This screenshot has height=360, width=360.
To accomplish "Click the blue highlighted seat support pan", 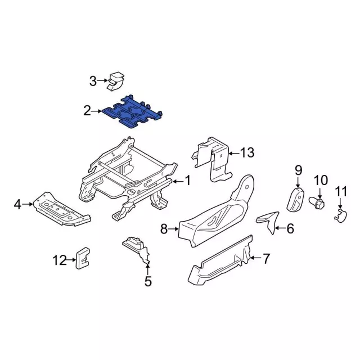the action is click(132, 112).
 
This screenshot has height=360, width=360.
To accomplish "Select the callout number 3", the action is click(93, 81).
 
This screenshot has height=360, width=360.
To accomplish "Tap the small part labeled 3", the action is click(116, 82).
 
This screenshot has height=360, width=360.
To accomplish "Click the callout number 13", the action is click(247, 152).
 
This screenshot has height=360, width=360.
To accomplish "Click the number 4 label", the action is click(17, 204).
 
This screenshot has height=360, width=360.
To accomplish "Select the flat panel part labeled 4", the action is click(61, 209).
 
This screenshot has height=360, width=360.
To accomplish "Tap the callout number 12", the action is click(60, 260).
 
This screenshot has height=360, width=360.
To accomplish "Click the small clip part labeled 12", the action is click(83, 258).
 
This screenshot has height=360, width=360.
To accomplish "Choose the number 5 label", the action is click(148, 281).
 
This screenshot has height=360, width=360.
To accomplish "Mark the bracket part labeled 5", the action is click(137, 250).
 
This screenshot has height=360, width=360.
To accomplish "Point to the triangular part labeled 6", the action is click(269, 221).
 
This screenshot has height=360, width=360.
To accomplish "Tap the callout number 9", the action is click(298, 170).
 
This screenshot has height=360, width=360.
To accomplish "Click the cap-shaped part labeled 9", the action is click(295, 199).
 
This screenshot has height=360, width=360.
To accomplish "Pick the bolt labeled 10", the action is click(317, 201).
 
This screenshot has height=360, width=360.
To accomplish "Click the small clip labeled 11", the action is click(340, 216).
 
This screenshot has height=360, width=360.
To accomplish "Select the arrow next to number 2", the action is click(96, 111).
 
